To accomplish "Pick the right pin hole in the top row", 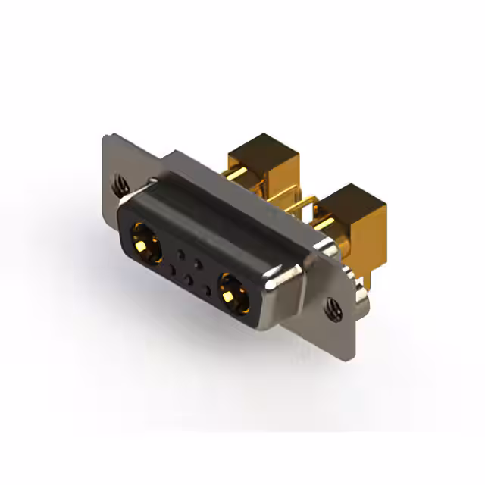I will (x=198, y=263).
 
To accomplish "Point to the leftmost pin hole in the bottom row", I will (x=173, y=269).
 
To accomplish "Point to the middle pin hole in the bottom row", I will (x=189, y=277).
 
